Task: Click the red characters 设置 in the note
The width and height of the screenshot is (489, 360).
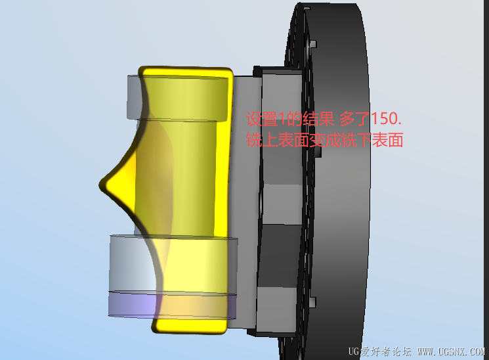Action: coord(262,119)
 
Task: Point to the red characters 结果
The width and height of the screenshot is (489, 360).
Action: coord(318,119)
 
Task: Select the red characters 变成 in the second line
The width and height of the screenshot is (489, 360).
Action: coord(325,140)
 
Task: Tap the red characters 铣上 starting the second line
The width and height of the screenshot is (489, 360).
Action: coord(262,140)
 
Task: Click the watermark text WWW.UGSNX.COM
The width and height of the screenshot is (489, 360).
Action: coord(451,352)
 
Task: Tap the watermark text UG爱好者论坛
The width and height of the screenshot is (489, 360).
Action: coord(379,352)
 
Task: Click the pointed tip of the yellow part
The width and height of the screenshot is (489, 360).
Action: coord(100,185)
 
